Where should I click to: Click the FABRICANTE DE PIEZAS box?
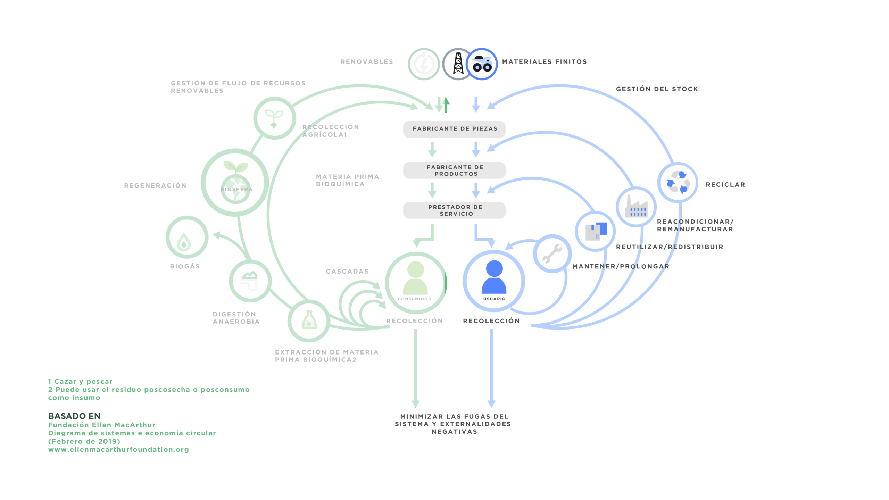(x=454, y=129)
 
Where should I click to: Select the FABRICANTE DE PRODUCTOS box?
(x=454, y=170)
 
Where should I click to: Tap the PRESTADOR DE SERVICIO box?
(x=454, y=210)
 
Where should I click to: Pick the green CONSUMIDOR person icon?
(x=415, y=278)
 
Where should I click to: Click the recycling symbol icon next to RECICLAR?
(x=678, y=182)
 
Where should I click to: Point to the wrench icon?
(x=552, y=253)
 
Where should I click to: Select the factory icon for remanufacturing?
(x=636, y=207)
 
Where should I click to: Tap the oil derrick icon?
(x=458, y=64)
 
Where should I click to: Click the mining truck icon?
(x=482, y=64)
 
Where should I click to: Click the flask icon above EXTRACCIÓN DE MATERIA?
(x=309, y=320)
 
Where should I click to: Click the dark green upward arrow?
(x=447, y=105)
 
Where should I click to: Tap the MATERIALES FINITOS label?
(x=544, y=62)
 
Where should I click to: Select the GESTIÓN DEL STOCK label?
(x=657, y=89)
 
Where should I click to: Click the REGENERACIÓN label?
(x=155, y=186)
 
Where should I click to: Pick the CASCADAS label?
(x=347, y=272)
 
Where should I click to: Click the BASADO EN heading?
(x=74, y=416)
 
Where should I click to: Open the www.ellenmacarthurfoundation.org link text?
(x=118, y=450)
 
